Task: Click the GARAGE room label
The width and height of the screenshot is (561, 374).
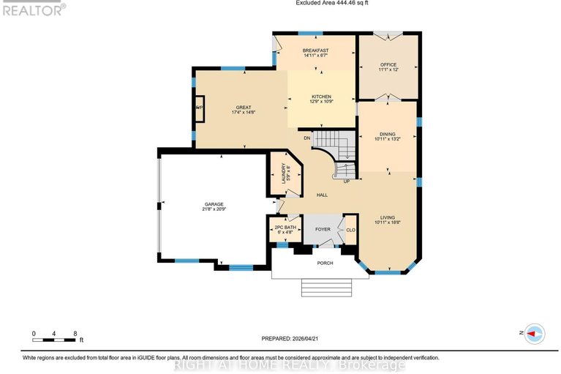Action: point(214,204)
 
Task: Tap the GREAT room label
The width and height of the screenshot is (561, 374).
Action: point(243,108)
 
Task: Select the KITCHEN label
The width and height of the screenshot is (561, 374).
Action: point(322,97)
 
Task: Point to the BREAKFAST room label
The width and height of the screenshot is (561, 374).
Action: point(315,51)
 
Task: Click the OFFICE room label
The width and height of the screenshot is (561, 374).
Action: point(388,64)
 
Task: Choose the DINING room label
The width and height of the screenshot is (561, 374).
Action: point(387,135)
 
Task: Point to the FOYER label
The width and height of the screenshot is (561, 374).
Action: point(323,229)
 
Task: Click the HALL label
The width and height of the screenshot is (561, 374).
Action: point(322,195)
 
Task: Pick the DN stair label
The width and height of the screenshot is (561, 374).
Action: point(308,138)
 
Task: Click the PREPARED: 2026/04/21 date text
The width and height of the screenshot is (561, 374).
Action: point(295,338)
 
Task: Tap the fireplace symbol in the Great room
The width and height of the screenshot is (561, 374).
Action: point(198,108)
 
